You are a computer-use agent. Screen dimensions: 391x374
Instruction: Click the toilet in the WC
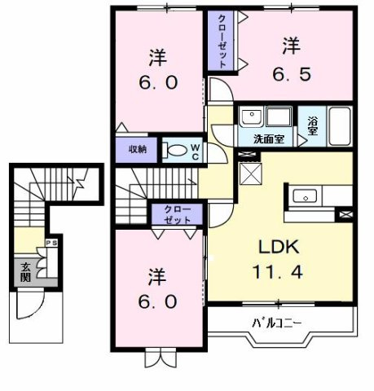coord(175,149)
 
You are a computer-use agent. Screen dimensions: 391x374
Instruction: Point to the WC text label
coord(196,149)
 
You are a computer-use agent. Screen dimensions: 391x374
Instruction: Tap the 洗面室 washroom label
coord(267,139)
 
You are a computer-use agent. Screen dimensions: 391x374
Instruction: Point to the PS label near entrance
coord(51,242)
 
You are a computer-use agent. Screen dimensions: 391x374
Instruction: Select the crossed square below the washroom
coord(250,174)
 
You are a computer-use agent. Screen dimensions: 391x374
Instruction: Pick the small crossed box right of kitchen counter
coord(345,214)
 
